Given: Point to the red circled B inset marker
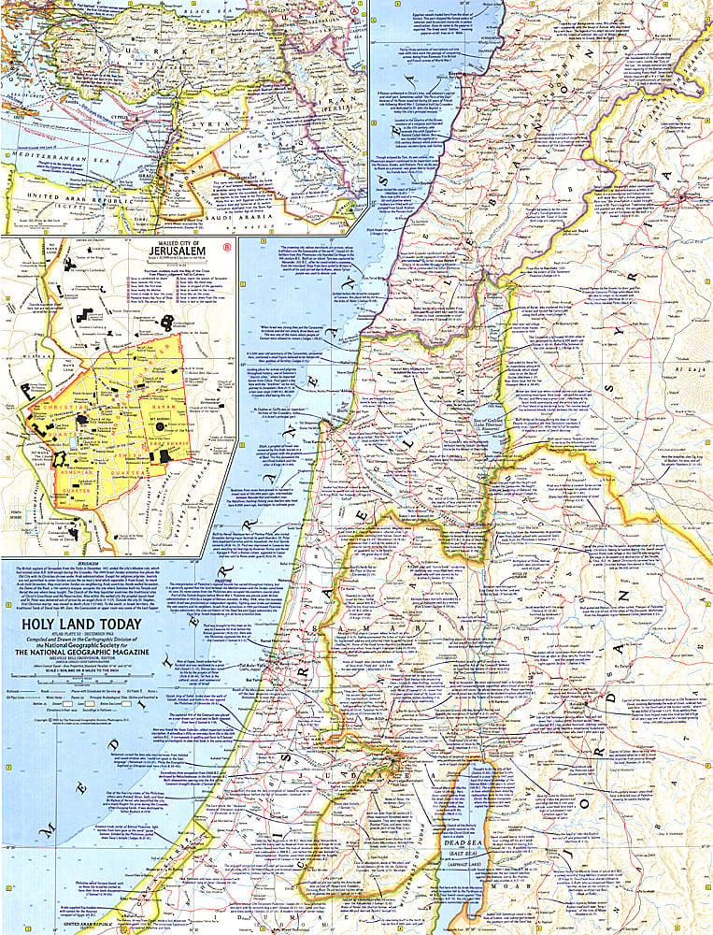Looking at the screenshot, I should [x=229, y=246].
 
